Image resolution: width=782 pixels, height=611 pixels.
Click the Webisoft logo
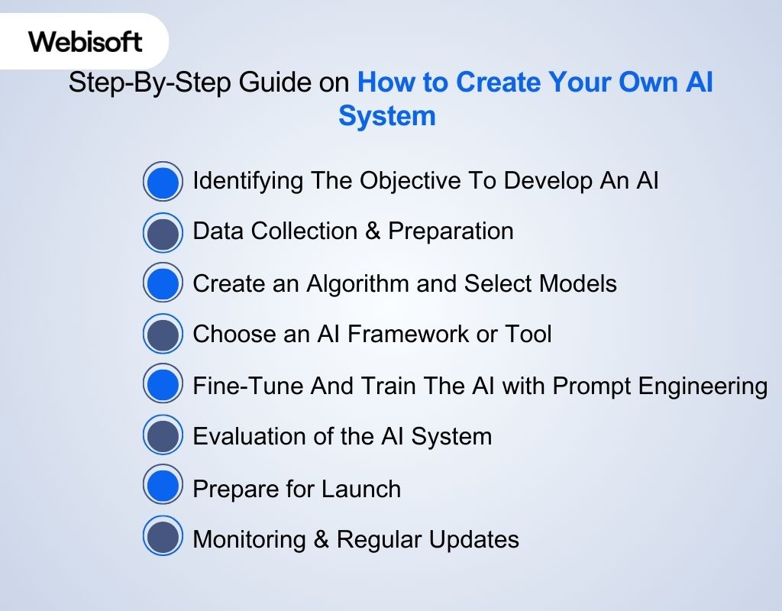click(x=85, y=41)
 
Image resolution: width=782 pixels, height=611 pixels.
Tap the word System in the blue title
click(x=387, y=116)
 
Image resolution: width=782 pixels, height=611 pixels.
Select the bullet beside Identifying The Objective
click(x=163, y=182)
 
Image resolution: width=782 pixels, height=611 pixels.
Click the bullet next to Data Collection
click(x=163, y=232)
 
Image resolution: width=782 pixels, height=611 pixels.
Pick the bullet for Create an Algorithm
click(x=163, y=283)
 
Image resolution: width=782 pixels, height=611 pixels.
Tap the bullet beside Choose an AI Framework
click(x=163, y=334)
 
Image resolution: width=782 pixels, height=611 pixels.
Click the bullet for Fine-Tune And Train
click(x=163, y=383)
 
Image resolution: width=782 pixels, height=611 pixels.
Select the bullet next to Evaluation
click(x=163, y=435)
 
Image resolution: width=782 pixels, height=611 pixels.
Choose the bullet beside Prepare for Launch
click(x=163, y=484)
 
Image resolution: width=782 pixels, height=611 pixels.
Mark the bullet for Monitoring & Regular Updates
click(x=163, y=535)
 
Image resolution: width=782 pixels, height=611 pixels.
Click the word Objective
click(x=410, y=181)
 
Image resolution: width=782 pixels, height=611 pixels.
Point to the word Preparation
click(x=451, y=231)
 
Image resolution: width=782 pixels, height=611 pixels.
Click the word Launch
click(x=361, y=488)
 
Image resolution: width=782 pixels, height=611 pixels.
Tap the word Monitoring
click(x=250, y=540)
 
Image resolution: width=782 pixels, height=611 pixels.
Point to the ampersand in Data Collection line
click(x=373, y=231)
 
